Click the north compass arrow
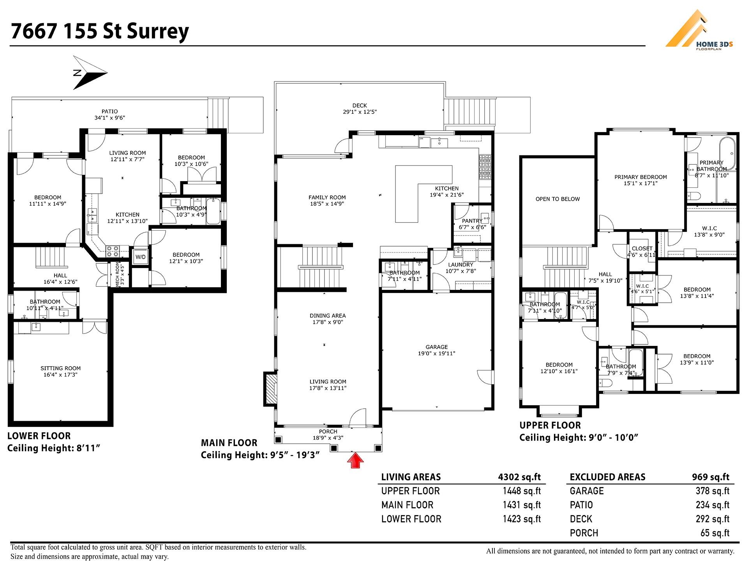(90, 73)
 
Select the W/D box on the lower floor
(140, 257)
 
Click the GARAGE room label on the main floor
(436, 347)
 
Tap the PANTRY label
(472, 221)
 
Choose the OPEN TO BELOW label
(557, 199)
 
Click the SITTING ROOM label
(60, 368)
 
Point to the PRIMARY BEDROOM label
(640, 177)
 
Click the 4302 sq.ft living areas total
(519, 477)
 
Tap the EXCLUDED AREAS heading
(607, 477)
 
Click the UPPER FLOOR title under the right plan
(550, 425)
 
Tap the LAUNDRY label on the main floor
(460, 265)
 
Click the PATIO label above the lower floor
(109, 111)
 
